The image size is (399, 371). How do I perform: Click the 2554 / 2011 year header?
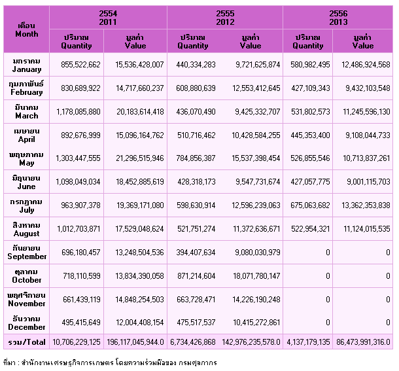[x=108, y=18]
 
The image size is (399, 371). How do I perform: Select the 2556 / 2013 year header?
[x=338, y=18]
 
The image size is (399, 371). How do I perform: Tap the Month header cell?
[x=26, y=30]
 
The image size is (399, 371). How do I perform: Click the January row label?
[x=26, y=65]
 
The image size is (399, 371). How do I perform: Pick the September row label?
[x=27, y=252]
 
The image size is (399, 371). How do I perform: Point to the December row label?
[x=26, y=323]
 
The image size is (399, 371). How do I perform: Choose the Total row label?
[x=27, y=342]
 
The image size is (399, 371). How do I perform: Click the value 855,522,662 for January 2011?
[x=80, y=65]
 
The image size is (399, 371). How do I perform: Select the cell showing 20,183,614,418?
[x=140, y=112]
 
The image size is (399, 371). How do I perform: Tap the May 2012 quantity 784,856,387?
[x=196, y=158]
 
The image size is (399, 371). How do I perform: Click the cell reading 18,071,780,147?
[x=256, y=275]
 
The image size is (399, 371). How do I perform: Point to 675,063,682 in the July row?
[x=310, y=205]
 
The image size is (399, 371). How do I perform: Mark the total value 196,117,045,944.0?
[x=135, y=342]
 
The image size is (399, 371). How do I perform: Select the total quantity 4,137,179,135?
[x=308, y=342]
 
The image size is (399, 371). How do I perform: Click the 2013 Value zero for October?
[x=388, y=275]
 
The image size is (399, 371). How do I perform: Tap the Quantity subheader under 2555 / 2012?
[x=192, y=41]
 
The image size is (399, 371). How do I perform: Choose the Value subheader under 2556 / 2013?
[x=363, y=41]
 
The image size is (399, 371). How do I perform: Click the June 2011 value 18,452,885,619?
[x=140, y=182]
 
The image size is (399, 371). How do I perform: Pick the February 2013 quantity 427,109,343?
[x=311, y=88]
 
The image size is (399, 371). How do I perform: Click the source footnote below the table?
[x=110, y=362]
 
